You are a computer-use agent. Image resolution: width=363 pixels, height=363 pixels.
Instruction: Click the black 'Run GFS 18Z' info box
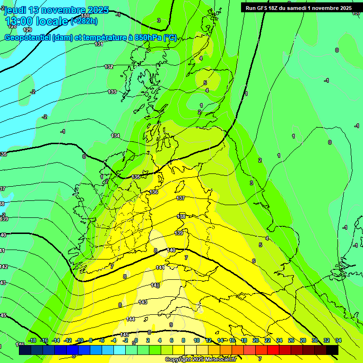pos(298,8)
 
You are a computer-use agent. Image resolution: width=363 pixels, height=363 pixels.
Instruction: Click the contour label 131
pos(98,44)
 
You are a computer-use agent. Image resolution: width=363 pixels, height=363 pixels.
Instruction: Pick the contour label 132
pos(109,67)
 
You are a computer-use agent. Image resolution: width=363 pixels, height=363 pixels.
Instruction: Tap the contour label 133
pos(112,92)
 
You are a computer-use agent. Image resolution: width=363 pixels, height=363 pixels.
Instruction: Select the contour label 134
pos(115,136)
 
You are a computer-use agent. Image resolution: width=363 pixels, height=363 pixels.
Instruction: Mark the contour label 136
pos(154,192)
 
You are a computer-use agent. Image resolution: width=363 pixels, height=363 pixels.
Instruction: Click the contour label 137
pos(180,198)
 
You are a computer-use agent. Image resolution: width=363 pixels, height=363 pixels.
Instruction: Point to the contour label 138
pos(181,216)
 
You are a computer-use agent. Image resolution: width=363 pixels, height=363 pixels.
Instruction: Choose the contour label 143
pos(143,302)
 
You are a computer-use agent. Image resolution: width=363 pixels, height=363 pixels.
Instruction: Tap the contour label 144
pos(131,319)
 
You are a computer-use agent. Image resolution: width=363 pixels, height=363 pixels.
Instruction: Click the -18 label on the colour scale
pos(32,340)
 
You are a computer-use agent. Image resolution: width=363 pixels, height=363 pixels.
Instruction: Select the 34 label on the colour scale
pos(338,340)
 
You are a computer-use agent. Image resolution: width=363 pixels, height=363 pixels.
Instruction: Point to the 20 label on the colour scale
pos(255,340)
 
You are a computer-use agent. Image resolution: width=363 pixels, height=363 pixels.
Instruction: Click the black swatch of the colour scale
pos(332,350)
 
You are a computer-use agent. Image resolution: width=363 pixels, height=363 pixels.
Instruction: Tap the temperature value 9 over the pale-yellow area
pos(171,325)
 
